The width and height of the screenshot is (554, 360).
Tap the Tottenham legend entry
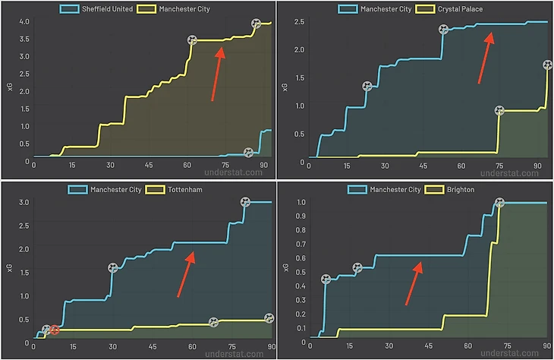pos(183,188)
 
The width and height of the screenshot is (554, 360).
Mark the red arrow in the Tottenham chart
pos(187,274)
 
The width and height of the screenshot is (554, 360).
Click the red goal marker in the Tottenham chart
pos(55,330)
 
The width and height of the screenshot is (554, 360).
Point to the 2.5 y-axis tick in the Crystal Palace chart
pos(298,21)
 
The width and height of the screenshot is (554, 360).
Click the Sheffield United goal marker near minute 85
pos(248,153)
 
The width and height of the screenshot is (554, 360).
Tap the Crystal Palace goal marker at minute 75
pos(499,110)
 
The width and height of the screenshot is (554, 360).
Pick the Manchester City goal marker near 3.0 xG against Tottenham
pos(245,202)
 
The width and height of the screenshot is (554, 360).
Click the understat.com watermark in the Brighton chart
pos(515,352)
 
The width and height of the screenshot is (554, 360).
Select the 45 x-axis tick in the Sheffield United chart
pos(149,165)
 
